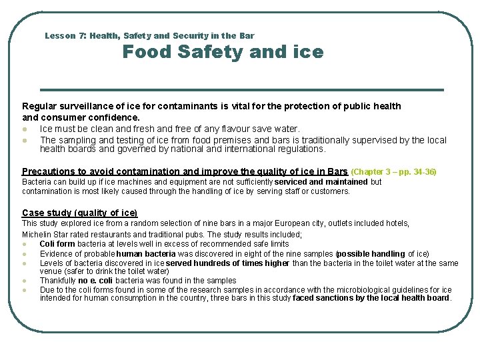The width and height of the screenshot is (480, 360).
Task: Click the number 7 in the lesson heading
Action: point(81,36)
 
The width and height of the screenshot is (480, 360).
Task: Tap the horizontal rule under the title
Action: point(241,89)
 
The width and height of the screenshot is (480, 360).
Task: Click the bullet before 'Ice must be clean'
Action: point(25,129)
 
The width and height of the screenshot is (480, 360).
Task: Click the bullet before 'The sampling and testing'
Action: point(25,141)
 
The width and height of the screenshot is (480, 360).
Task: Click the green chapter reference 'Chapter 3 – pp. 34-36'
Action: point(393,172)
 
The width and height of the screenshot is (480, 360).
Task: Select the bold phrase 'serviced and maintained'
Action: point(321,182)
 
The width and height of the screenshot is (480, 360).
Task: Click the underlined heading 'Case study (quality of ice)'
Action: point(79,213)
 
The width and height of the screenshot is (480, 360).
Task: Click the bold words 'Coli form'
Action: point(57,244)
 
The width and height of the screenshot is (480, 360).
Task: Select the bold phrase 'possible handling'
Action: point(372,254)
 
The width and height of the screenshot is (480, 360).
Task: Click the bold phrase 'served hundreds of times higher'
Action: point(228,263)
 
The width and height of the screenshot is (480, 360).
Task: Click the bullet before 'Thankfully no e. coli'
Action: point(25,281)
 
